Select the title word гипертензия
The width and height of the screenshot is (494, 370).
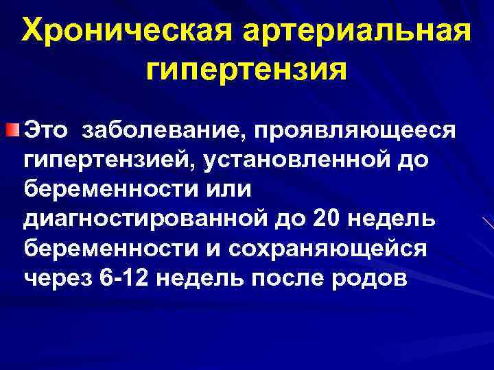pyautogui.click(x=247, y=71)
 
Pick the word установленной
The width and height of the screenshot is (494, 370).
pyautogui.click(x=296, y=160)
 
